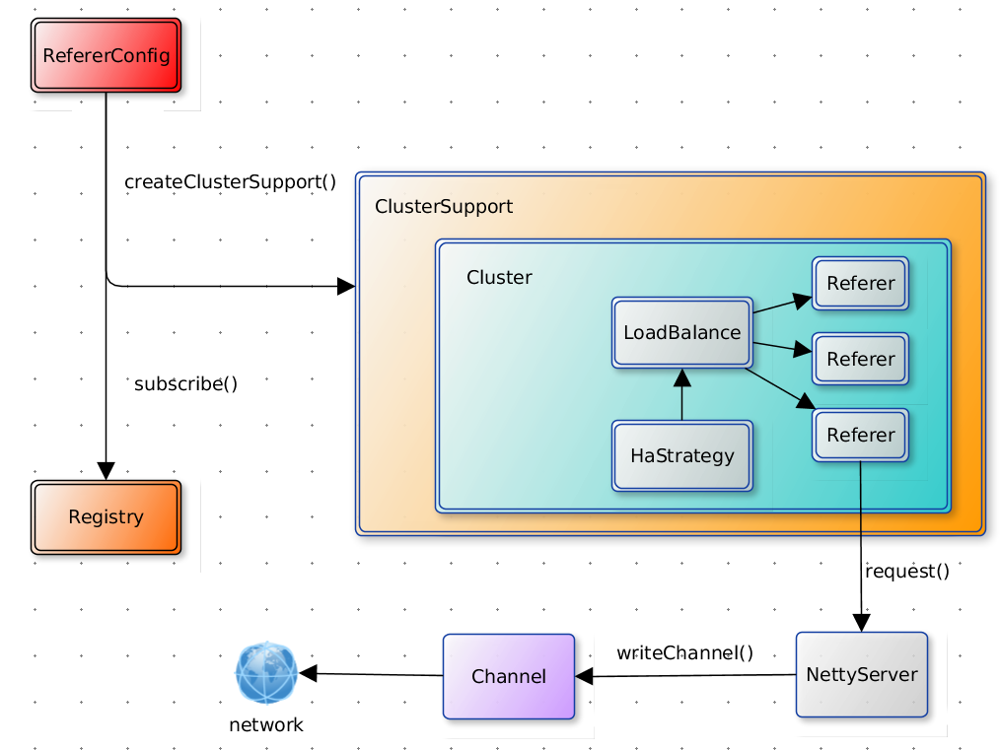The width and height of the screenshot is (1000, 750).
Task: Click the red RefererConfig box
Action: [106, 55]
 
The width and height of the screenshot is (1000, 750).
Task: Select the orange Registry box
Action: [106, 517]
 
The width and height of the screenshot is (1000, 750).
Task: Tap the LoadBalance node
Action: [681, 332]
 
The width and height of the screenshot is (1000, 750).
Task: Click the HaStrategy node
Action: [681, 455]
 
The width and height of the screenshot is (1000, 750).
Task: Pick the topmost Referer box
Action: [860, 284]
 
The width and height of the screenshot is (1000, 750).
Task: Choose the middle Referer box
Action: [860, 360]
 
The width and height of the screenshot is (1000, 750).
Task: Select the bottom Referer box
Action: [860, 436]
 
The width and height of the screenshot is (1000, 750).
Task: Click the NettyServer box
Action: [861, 675]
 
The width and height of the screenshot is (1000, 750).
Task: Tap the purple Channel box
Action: [508, 676]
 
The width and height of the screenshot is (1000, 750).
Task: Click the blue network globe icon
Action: [266, 673]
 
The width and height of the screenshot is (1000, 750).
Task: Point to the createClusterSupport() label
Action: [230, 182]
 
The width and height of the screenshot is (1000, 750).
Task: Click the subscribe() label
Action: [185, 384]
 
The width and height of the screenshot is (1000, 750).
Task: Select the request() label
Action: [906, 571]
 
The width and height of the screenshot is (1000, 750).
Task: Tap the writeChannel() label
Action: [684, 652]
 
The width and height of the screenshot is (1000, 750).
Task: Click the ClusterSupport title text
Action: [444, 207]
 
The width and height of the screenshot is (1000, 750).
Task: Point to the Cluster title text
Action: [499, 278]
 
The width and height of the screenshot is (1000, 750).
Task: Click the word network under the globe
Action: [266, 725]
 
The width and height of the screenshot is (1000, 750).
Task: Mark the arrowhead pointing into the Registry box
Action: [106, 470]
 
